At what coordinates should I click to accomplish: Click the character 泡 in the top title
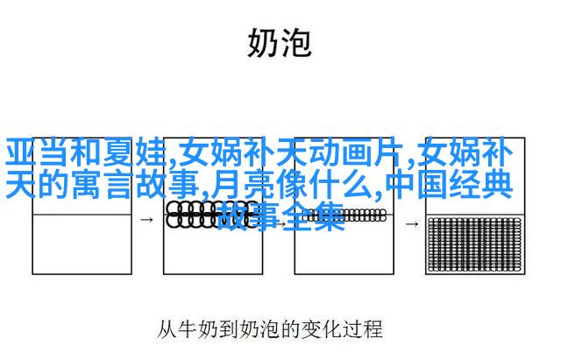coord(296,43)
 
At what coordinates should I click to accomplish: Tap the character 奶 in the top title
coord(263,43)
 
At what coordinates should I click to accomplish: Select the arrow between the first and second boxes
coord(146,220)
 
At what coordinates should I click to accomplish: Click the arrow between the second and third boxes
coord(280,224)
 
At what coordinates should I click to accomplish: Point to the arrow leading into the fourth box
coord(412,224)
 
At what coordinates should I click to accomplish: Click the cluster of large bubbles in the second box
coord(211,215)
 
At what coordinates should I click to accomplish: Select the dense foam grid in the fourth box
coord(475,244)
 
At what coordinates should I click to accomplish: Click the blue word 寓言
coord(103,185)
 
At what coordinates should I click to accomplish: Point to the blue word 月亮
coord(242,185)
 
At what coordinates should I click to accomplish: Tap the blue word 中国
coord(417,185)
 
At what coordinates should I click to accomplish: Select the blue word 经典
coord(481,185)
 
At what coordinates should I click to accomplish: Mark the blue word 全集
coord(313,216)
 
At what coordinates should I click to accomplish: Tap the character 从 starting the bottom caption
coord(167,329)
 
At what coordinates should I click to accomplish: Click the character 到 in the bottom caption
coord(229,329)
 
